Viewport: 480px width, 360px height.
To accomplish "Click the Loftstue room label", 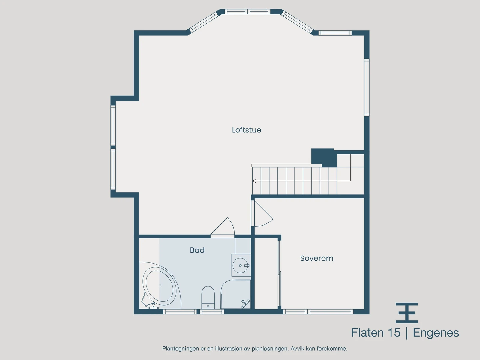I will [246, 130].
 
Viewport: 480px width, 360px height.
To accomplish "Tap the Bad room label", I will [197, 250].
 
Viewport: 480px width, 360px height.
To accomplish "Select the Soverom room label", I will [316, 258].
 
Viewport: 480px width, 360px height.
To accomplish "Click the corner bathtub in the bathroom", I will [159, 286].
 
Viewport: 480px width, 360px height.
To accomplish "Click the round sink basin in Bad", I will [240, 265].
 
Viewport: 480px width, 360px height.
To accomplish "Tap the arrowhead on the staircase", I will [254, 181].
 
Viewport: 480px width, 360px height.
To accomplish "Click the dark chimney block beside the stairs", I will [322, 157].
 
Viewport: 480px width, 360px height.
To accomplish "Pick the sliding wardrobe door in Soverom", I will [280, 273].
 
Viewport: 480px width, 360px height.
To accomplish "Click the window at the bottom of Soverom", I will [318, 312].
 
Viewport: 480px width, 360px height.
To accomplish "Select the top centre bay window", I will [248, 12].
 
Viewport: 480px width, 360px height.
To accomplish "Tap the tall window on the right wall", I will [367, 87].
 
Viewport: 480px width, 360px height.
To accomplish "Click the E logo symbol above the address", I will [407, 313].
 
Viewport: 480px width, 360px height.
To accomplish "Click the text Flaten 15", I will [376, 333].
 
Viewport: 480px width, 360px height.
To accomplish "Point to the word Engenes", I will [436, 333].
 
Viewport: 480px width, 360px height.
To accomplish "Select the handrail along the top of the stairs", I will [286, 165].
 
